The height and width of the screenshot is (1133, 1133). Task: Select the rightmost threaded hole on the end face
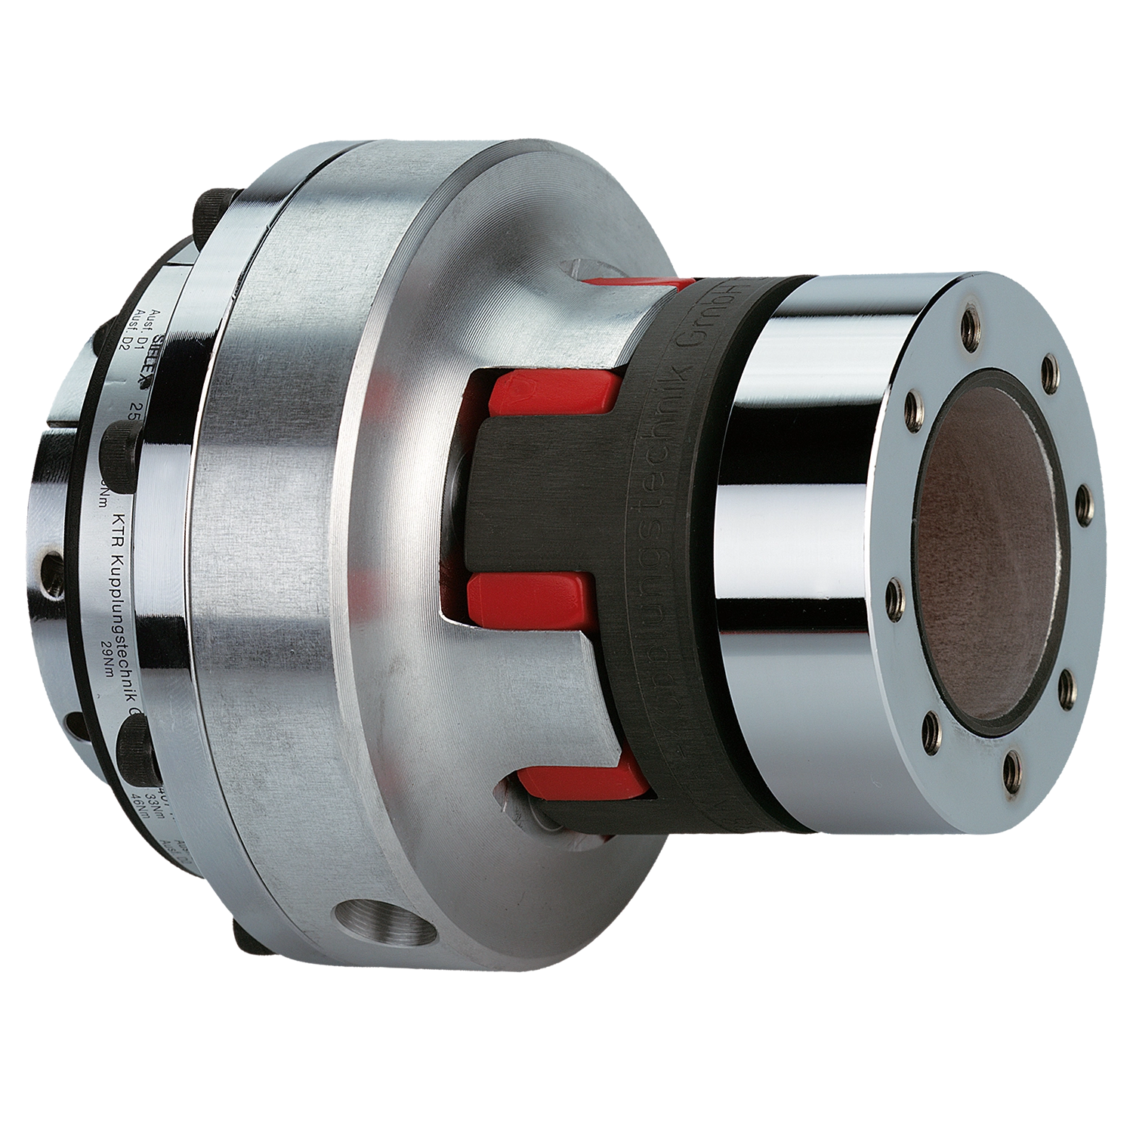point(1082,499)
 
